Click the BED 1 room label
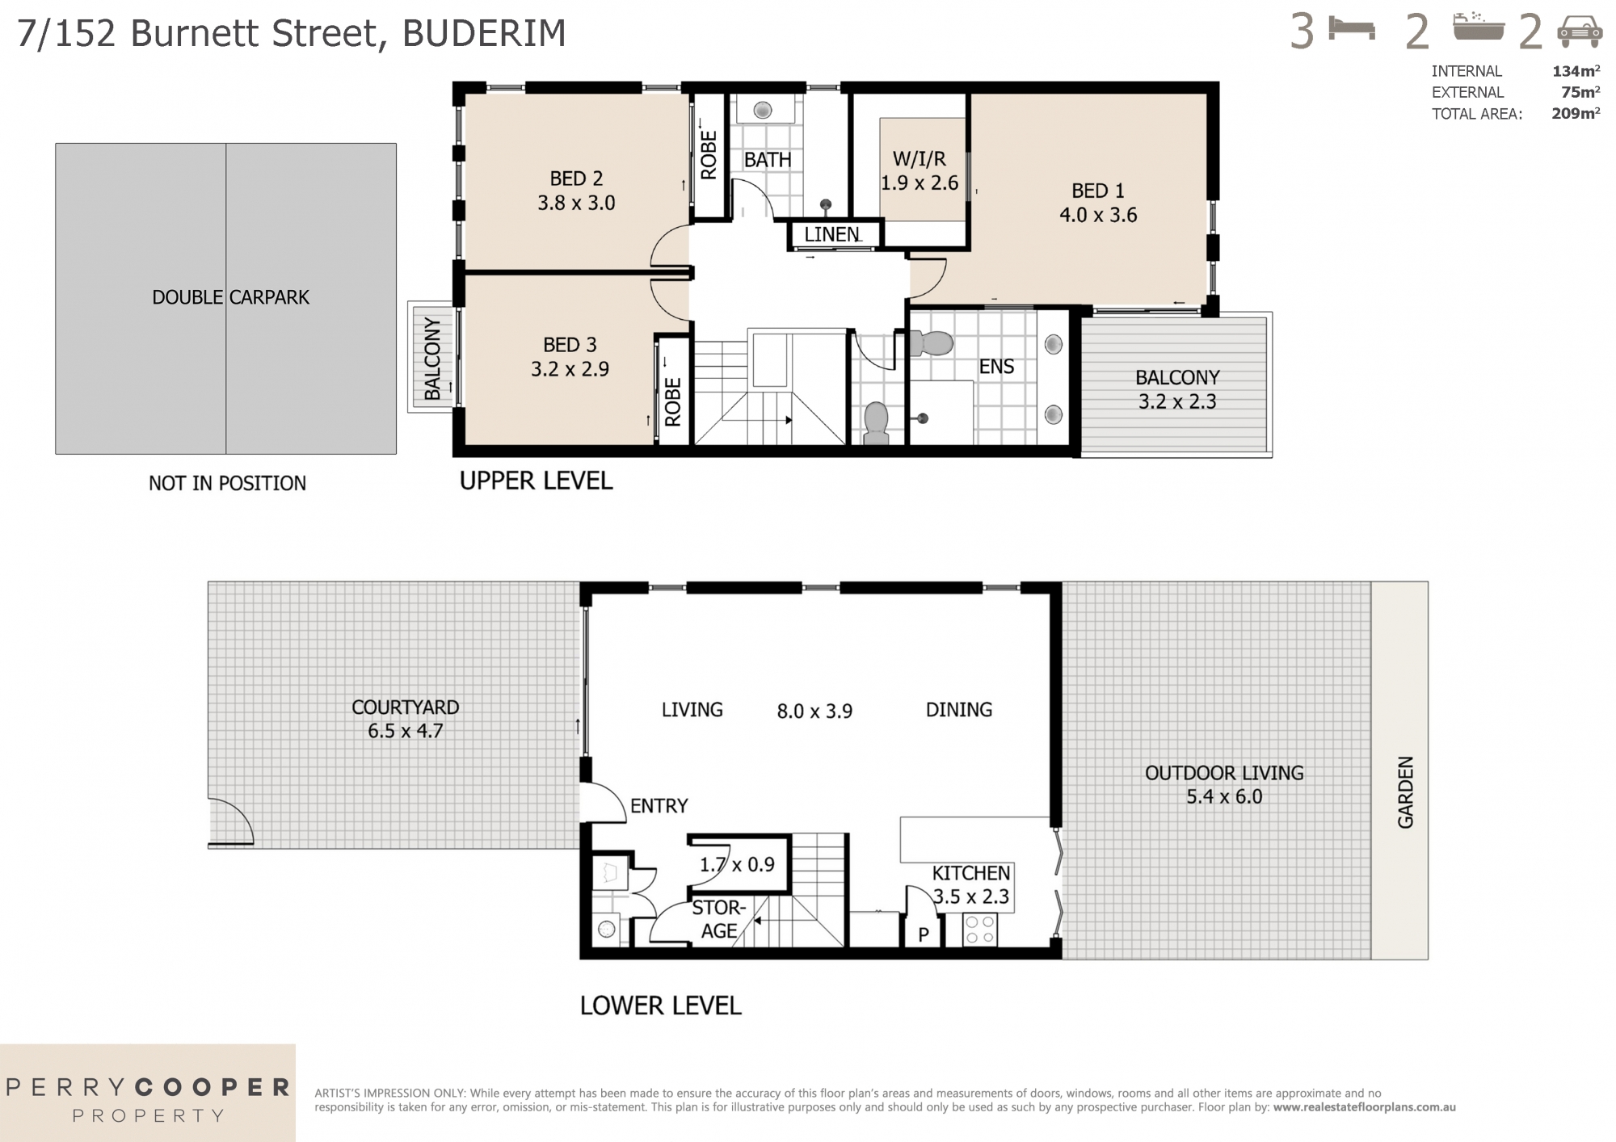tap(1097, 191)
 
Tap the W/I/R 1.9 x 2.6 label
tap(920, 171)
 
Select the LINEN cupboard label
tap(831, 234)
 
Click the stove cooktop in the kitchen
tap(980, 929)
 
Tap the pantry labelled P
tap(924, 934)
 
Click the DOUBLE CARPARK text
tap(230, 297)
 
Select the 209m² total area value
tap(1575, 114)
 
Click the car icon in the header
tap(1580, 33)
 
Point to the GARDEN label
tap(1406, 791)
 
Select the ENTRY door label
tap(659, 805)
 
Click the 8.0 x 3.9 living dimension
tap(814, 712)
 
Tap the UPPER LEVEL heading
tap(536, 481)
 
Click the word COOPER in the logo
tap(212, 1087)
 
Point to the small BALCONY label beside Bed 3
tap(432, 359)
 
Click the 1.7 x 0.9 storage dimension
tap(737, 864)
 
